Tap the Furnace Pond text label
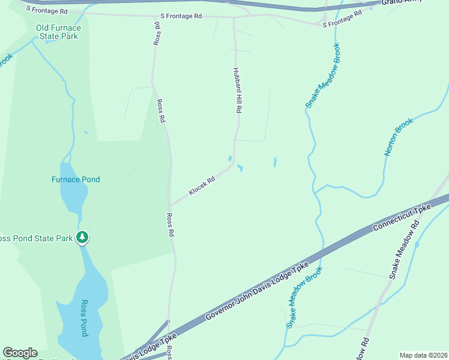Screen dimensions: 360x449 pyautogui.click(x=76, y=179)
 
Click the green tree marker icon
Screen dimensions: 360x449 pyautogui.click(x=83, y=238)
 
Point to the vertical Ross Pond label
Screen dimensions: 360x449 pyautogui.click(x=85, y=317)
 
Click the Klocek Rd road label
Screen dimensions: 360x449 pyautogui.click(x=202, y=185)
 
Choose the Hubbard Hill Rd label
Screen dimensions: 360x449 pyautogui.click(x=238, y=91)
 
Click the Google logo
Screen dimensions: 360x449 pyautogui.click(x=20, y=353)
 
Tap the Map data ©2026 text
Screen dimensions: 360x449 pyautogui.click(x=423, y=355)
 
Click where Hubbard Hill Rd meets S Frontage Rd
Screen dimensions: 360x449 pyautogui.click(x=234, y=17)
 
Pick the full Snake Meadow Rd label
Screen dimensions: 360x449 pyautogui.click(x=402, y=250)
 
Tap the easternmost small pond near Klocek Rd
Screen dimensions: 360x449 pyautogui.click(x=275, y=162)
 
